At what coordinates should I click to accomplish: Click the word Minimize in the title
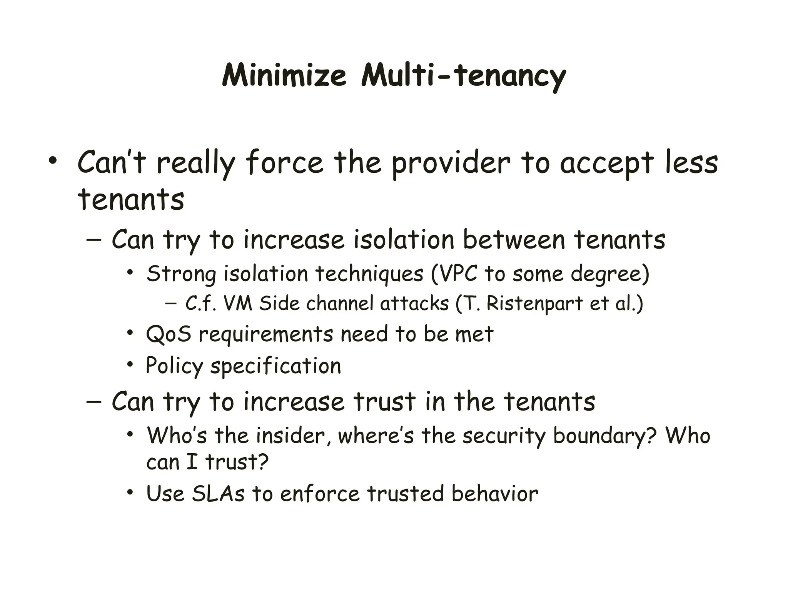[284, 75]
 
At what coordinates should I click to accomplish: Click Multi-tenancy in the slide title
[463, 76]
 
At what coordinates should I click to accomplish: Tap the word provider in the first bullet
[451, 163]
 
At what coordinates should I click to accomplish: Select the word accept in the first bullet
[606, 164]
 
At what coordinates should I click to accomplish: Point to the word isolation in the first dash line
[404, 239]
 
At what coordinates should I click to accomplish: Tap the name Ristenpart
[534, 303]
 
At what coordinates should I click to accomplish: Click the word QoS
[169, 334]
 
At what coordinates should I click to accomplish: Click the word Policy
[174, 366]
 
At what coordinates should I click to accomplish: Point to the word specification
[275, 366]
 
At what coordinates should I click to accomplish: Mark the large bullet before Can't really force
[52, 161]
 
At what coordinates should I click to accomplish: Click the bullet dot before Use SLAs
[130, 492]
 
